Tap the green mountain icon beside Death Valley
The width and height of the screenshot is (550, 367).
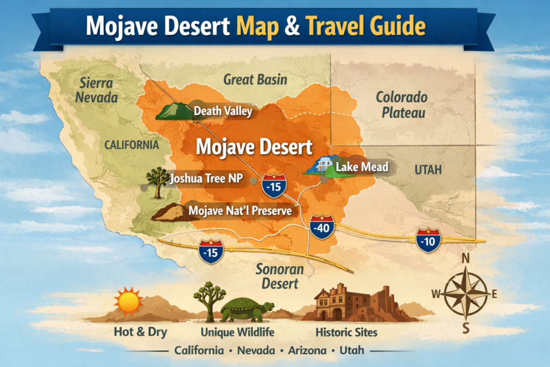click(174, 111)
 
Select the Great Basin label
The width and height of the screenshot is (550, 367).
click(255, 80)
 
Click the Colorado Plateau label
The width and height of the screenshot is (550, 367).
click(401, 105)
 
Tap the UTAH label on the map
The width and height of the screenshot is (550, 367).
click(428, 170)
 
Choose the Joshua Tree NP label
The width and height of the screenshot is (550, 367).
click(205, 179)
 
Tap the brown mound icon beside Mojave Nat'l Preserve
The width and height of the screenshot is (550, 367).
click(168, 213)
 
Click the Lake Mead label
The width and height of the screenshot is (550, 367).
click(361, 167)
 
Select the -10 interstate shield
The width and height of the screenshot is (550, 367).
click(428, 240)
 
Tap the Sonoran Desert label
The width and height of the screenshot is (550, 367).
click(279, 276)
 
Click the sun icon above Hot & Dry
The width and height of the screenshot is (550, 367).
click(128, 301)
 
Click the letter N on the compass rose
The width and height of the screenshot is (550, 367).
click(465, 258)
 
